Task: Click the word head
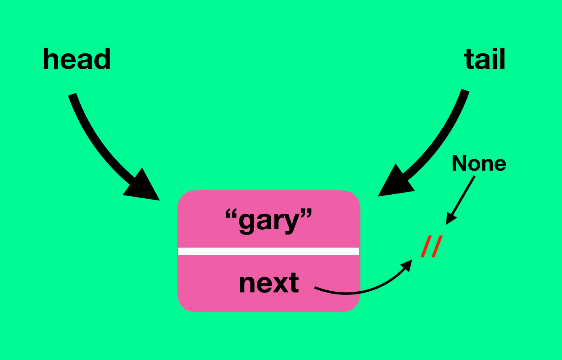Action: click(x=77, y=59)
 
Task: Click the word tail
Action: click(x=485, y=59)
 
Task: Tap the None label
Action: click(x=479, y=163)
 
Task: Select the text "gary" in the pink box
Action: click(x=269, y=221)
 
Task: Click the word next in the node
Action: click(x=269, y=283)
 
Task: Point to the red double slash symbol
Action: click(x=432, y=246)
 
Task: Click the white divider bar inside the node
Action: click(x=269, y=251)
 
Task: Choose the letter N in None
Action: click(x=459, y=163)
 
